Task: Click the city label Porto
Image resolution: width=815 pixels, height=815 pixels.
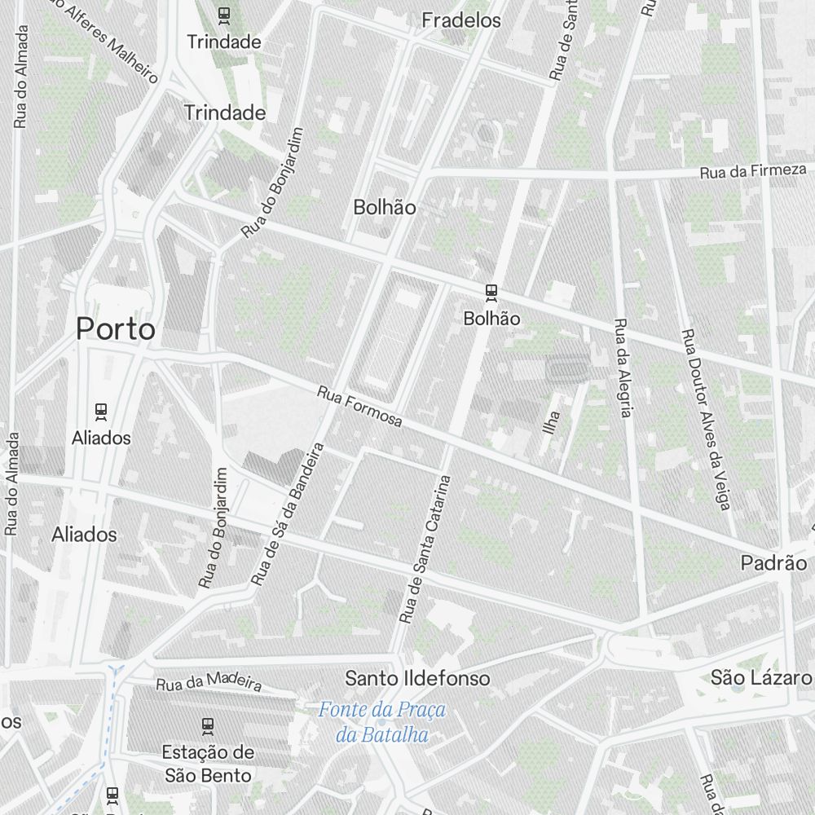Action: click(115, 329)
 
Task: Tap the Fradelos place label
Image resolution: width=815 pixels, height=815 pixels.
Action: click(461, 20)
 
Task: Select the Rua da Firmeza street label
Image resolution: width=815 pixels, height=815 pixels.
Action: click(753, 171)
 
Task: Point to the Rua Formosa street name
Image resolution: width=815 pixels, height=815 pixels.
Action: click(360, 406)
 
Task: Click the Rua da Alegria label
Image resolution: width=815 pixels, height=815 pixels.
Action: click(623, 367)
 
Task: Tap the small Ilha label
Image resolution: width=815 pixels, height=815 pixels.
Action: click(553, 421)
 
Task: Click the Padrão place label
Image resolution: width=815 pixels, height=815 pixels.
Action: click(773, 563)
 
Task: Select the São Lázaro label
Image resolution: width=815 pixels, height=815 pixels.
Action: click(761, 678)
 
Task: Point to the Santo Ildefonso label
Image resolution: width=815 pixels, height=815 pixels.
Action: click(418, 678)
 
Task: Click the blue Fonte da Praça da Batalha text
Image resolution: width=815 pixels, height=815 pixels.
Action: click(382, 722)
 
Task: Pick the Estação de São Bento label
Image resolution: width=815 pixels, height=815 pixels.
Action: click(208, 763)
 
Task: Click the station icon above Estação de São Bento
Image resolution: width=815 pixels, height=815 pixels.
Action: click(208, 725)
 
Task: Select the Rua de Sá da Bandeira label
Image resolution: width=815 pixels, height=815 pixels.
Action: click(289, 514)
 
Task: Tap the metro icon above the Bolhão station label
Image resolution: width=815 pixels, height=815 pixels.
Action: click(491, 291)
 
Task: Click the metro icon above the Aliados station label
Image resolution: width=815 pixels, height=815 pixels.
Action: click(101, 411)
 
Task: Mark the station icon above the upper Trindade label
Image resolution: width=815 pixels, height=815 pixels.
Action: click(224, 14)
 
